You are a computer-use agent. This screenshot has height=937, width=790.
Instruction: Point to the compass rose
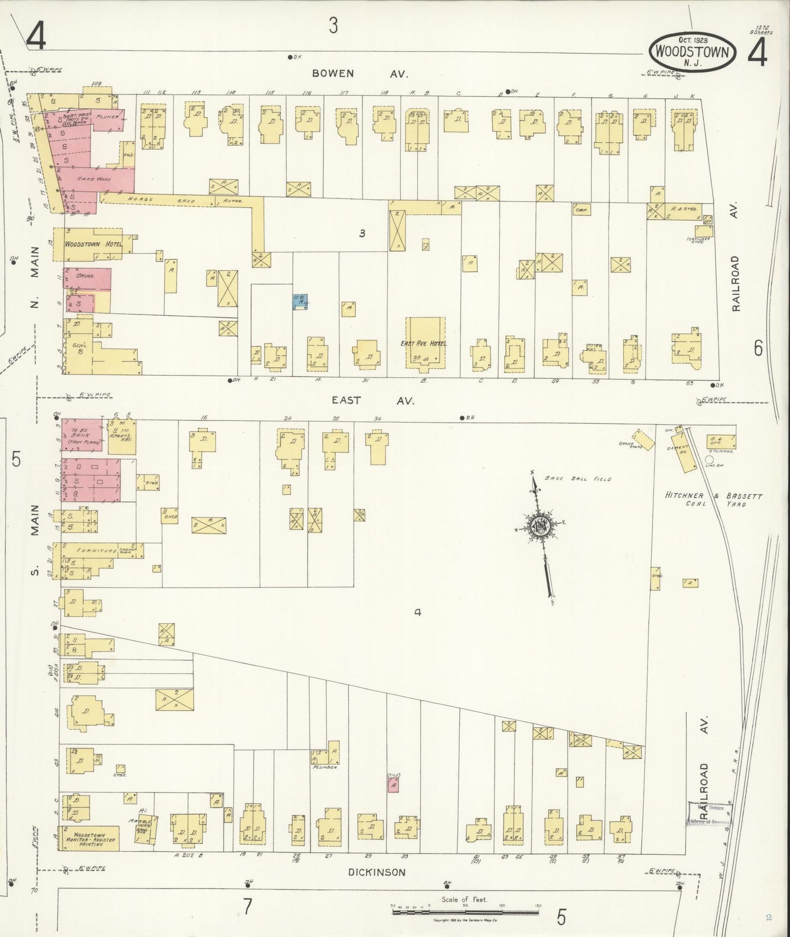click(539, 526)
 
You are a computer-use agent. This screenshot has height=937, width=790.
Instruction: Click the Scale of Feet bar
click(465, 912)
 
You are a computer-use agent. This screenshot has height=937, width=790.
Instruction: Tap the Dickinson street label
click(377, 872)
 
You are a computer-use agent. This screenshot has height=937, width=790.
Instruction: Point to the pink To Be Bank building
click(81, 435)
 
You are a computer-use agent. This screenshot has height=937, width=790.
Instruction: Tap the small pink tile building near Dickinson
click(393, 786)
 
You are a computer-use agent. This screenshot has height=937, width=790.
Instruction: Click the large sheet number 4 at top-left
click(36, 37)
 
